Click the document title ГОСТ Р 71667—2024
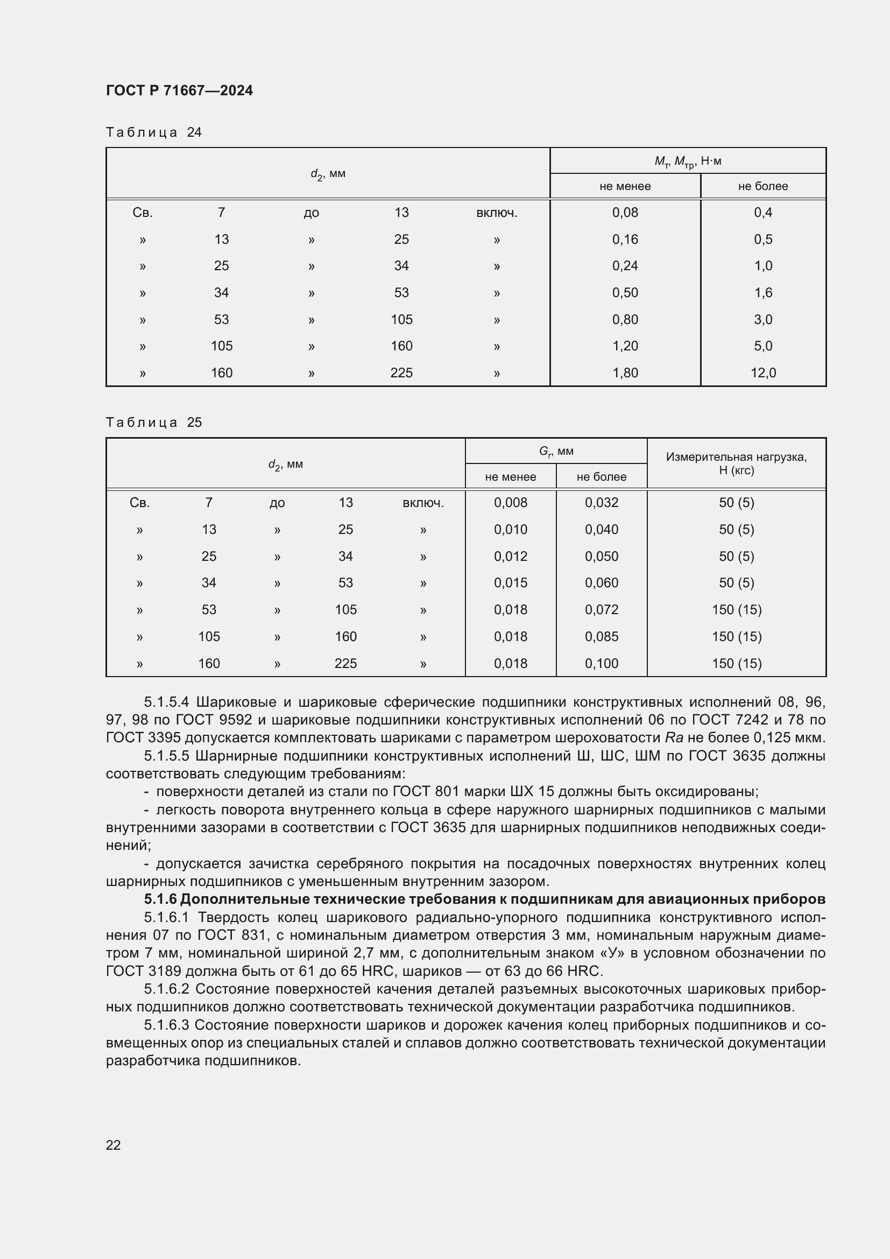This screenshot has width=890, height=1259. (179, 90)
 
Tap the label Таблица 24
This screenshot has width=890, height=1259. (153, 132)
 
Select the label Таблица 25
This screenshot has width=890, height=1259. (153, 422)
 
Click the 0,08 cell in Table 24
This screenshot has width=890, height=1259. (625, 213)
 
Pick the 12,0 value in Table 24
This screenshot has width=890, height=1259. (763, 373)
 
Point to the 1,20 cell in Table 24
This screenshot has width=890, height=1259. (625, 346)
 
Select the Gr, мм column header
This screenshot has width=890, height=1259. (556, 451)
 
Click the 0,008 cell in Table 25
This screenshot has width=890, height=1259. (510, 503)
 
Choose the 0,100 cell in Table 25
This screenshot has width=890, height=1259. (601, 664)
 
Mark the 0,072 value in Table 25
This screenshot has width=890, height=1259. (601, 610)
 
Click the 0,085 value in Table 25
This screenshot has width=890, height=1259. (601, 637)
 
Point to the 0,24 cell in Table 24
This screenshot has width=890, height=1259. (625, 266)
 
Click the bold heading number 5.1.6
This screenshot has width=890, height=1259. (160, 899)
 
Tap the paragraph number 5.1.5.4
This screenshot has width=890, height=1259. (167, 702)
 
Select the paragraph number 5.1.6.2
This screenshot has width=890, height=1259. (167, 989)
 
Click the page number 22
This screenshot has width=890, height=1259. (113, 1145)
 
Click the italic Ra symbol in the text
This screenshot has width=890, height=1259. (674, 738)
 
